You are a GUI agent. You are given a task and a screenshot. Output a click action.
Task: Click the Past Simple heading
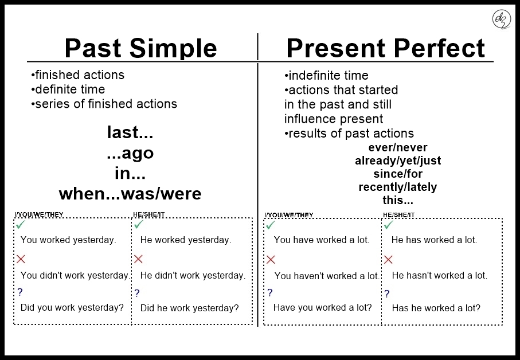pyautogui.click(x=140, y=48)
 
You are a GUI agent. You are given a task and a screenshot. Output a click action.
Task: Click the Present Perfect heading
pyautogui.click(x=385, y=49)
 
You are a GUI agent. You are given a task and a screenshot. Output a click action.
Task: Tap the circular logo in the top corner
pyautogui.click(x=501, y=19)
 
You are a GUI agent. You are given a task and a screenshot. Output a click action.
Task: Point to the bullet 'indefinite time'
pyautogui.click(x=326, y=76)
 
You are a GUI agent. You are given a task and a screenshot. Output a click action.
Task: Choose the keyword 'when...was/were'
pyautogui.click(x=130, y=194)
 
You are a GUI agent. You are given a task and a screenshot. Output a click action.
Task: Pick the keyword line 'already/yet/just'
pyautogui.click(x=398, y=161)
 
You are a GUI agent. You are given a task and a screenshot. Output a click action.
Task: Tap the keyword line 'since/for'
pyautogui.click(x=398, y=174)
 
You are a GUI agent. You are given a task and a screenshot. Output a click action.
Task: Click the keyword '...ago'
pyautogui.click(x=130, y=154)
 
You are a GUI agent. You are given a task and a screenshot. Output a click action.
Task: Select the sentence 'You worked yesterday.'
pyautogui.click(x=68, y=240)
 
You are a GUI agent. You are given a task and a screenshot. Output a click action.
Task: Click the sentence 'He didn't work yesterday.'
pyautogui.click(x=193, y=276)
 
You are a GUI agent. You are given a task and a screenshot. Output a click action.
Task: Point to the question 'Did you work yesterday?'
pyautogui.click(x=72, y=308)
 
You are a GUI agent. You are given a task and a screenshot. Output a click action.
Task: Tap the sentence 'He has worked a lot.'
pyautogui.click(x=434, y=240)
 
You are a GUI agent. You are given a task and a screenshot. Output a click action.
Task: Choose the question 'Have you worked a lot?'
pyautogui.click(x=323, y=308)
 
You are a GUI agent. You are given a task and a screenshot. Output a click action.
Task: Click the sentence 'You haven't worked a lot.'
pyautogui.click(x=327, y=276)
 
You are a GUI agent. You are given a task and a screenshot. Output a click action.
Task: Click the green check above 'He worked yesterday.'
pyautogui.click(x=138, y=225)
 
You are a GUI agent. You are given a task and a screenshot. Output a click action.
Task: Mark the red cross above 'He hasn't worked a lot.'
pyautogui.click(x=388, y=260)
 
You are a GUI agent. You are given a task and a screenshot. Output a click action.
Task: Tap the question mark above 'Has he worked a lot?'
pyautogui.click(x=387, y=294)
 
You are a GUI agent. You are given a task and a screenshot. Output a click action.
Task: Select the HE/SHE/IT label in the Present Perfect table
pyautogui.click(x=399, y=216)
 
